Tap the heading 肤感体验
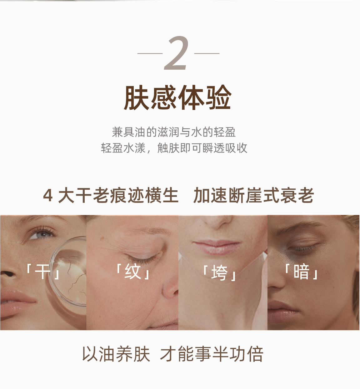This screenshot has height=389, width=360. [x=178, y=97]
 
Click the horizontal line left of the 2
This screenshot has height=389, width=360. [x=150, y=53]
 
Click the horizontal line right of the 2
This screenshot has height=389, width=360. [x=207, y=53]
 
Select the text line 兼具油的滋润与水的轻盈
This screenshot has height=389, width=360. [x=174, y=132]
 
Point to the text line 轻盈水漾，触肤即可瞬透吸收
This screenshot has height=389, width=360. [x=174, y=148]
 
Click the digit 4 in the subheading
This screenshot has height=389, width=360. [x=48, y=196]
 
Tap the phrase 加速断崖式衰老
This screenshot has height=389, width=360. [x=253, y=195]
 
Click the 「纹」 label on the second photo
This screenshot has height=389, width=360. [x=133, y=271]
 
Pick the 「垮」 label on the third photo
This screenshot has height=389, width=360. [x=219, y=273]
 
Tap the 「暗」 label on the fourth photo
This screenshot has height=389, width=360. [x=301, y=271]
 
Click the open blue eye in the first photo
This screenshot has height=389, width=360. [x=42, y=234]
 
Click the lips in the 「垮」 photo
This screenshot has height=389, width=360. [x=216, y=247]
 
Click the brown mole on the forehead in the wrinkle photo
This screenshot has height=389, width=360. [x=102, y=239]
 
